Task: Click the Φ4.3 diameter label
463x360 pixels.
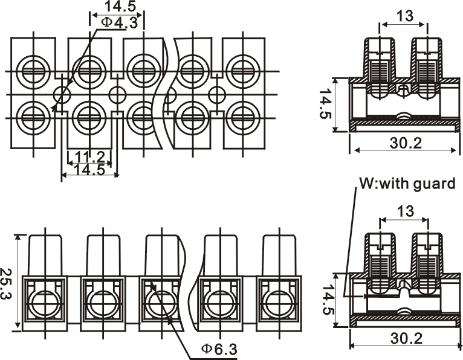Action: point(119,23)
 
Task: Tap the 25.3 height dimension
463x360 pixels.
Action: point(5,283)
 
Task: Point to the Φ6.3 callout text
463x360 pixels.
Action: point(219,349)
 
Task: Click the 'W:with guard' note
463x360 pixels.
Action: point(407,184)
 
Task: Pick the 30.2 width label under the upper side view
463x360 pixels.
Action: point(406,143)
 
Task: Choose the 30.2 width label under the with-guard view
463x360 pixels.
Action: point(406,338)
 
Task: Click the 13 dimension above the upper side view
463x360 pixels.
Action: point(405,16)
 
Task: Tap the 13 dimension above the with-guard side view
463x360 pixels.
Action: point(406,211)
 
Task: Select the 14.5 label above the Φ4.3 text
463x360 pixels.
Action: point(120,6)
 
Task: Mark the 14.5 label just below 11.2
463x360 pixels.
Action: point(89,170)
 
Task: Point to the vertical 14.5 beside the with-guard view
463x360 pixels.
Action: point(328,299)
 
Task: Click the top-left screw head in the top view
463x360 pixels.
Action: point(34,71)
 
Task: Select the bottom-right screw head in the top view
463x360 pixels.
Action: point(244,118)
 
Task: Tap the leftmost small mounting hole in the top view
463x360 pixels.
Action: point(62,95)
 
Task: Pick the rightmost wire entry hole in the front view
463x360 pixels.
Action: point(279,303)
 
